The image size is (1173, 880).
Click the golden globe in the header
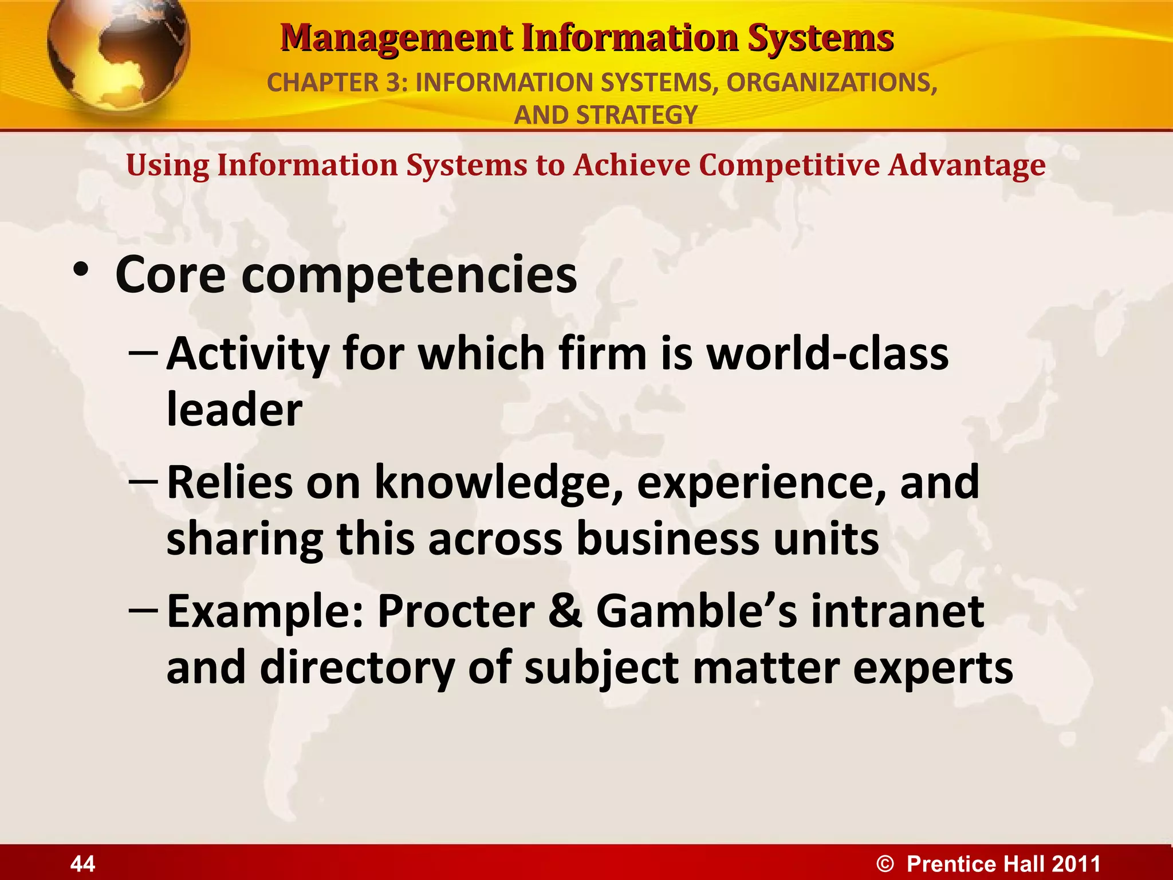coord(117,54)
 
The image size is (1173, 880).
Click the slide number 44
coord(82,863)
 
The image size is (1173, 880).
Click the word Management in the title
coord(396,39)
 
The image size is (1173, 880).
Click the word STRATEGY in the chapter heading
coord(637,115)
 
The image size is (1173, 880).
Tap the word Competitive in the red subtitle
coord(788,166)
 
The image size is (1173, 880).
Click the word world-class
coord(828,354)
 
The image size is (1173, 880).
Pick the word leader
coord(234,410)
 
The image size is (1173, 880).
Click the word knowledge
coord(498,483)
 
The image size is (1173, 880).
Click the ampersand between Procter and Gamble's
coord(565,611)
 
